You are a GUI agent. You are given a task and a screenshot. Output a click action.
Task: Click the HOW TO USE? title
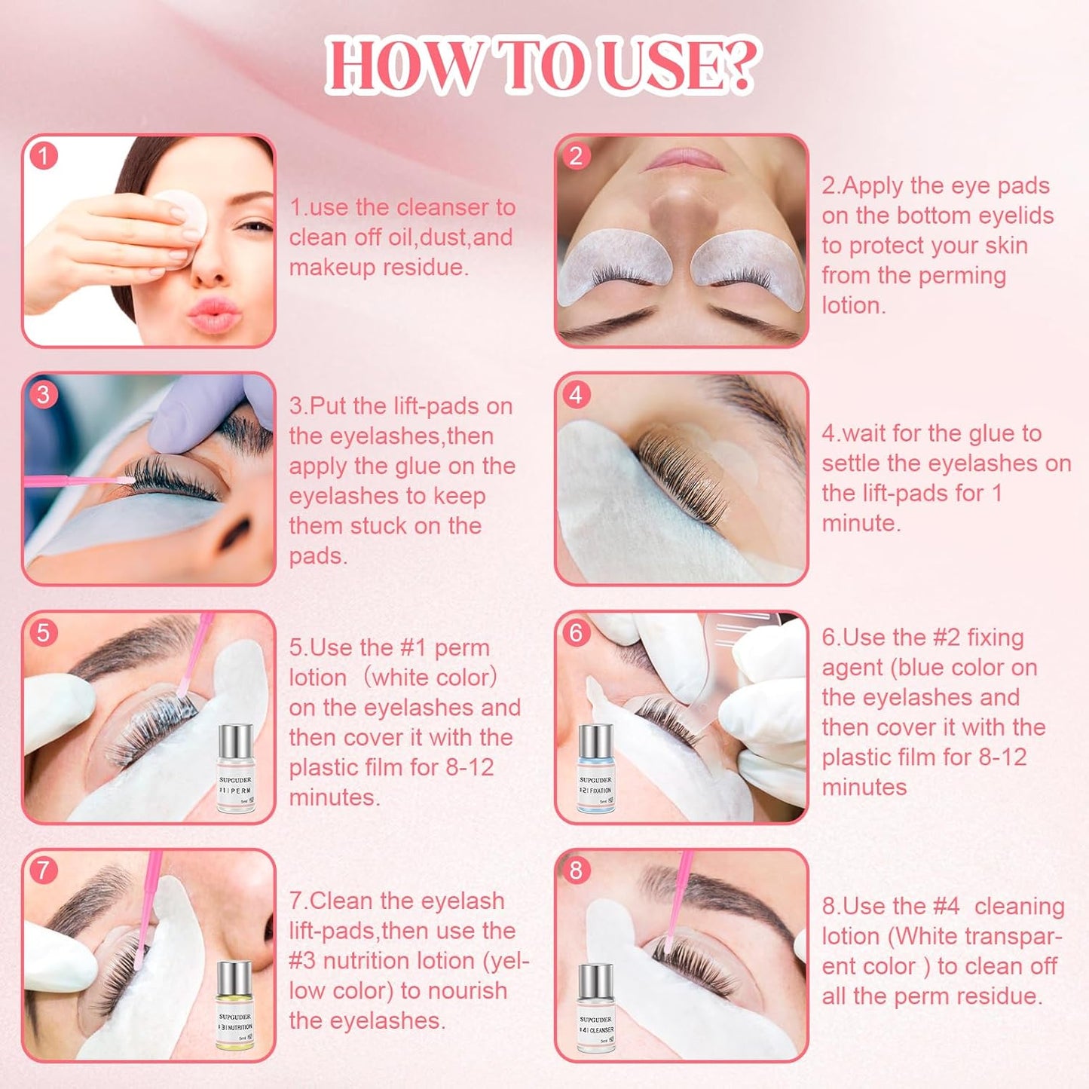(543, 66)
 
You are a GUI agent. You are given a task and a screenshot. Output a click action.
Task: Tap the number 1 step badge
(44, 156)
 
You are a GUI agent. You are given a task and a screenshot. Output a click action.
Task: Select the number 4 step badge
(577, 394)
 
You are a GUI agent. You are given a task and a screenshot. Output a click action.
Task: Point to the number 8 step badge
(577, 870)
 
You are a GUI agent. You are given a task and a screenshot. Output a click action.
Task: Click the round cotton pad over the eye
(182, 213)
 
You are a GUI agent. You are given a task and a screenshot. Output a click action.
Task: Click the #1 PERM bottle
(236, 769)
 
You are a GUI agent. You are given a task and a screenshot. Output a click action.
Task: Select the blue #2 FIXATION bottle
(595, 769)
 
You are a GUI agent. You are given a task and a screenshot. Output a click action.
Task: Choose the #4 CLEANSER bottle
(595, 1008)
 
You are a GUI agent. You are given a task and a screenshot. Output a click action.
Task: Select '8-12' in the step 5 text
(470, 767)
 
